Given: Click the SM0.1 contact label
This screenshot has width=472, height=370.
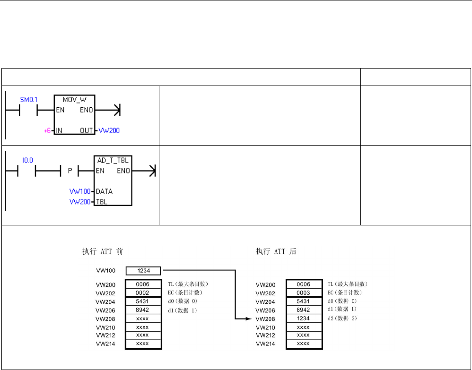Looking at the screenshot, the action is coord(29,100).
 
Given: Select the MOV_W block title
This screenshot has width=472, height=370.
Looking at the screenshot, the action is coord(74,100).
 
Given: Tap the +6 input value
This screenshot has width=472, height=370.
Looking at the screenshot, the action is coord(47,131).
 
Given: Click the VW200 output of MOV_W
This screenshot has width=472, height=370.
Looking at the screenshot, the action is coord(109,130).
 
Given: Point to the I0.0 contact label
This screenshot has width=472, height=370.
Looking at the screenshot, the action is coord(27,160).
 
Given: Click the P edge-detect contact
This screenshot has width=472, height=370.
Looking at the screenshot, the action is coord(70,171).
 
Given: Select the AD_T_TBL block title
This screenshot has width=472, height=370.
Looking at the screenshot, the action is coord(113,161).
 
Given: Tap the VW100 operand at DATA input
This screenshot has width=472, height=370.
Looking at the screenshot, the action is coord(80,191).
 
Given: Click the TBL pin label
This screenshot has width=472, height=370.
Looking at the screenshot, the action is coord(101,202).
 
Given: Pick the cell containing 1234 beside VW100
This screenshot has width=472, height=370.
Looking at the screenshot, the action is coord(143,271).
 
